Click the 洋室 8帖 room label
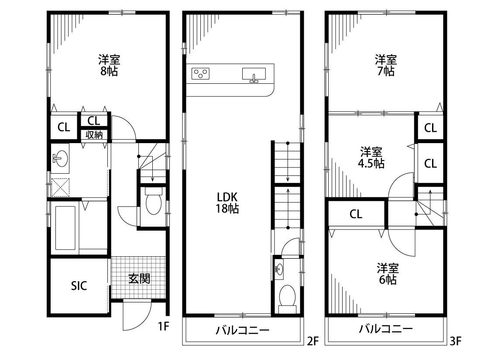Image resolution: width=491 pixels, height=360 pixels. (x=109, y=65)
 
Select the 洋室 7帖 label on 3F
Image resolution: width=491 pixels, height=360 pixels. (x=385, y=65)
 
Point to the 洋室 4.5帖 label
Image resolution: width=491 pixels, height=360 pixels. (x=371, y=158)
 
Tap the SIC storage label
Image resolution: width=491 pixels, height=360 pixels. (x=79, y=286)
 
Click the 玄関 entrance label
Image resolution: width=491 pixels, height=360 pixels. (x=139, y=278)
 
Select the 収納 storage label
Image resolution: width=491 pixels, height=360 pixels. (x=94, y=135)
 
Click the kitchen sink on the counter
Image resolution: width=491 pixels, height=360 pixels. (x=254, y=75)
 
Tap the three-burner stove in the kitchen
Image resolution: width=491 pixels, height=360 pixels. (x=201, y=73)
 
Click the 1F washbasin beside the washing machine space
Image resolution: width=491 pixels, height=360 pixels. (x=60, y=158)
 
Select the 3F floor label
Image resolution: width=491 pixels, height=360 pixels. (x=456, y=341)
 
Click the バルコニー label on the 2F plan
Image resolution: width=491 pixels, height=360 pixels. (x=242, y=330)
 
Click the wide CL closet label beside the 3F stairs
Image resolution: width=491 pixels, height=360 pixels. (x=356, y=214)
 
